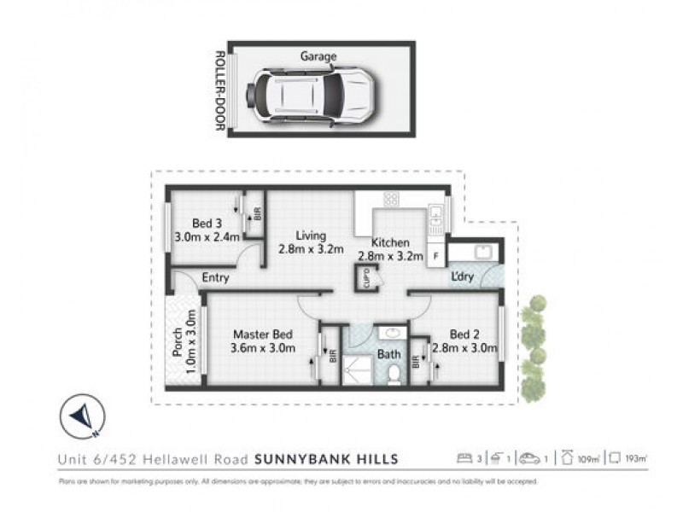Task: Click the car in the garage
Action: (x=312, y=93)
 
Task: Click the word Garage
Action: (x=318, y=57)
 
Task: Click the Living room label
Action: (x=311, y=236)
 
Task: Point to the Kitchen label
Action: (x=390, y=242)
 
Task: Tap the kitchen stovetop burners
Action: (x=391, y=199)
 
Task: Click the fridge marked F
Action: (x=436, y=254)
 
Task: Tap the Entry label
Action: (x=215, y=277)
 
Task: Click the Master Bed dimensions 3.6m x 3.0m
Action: (x=263, y=348)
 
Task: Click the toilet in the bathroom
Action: (x=394, y=373)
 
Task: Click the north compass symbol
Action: (x=82, y=416)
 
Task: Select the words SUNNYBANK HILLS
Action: (x=327, y=459)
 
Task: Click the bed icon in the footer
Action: (x=464, y=459)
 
